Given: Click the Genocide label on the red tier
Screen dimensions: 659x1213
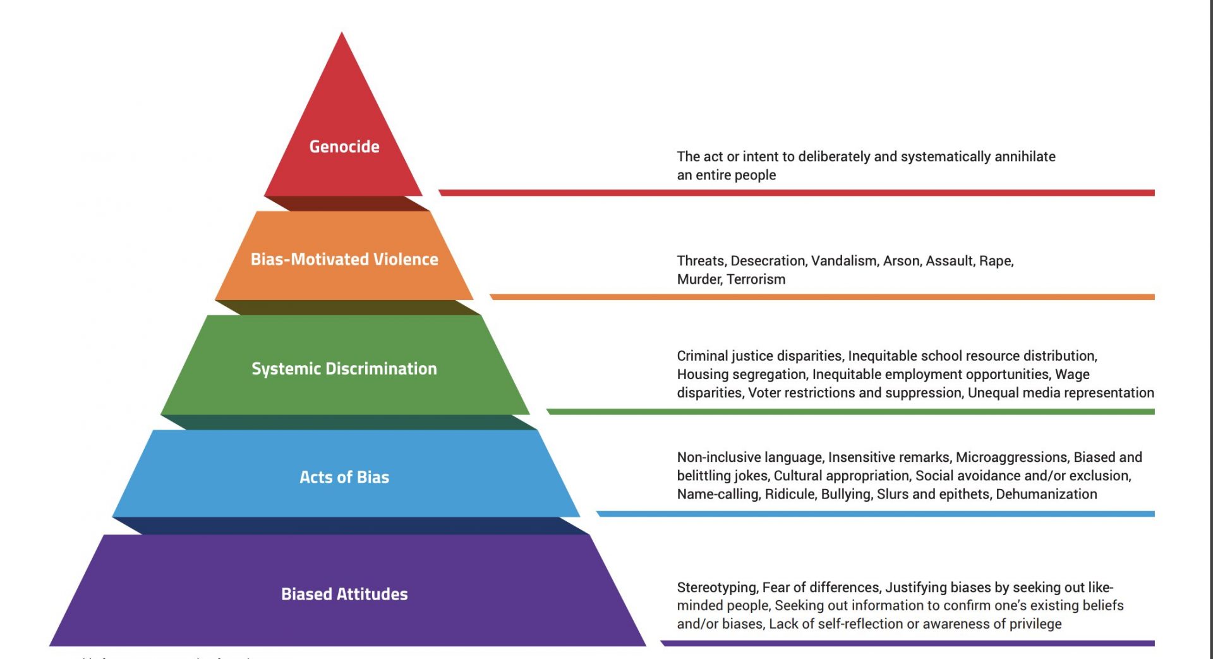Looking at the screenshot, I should tap(344, 147).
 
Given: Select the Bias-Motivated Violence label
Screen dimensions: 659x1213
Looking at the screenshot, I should tap(344, 259).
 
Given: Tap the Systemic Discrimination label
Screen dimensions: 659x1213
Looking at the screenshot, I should tap(344, 368).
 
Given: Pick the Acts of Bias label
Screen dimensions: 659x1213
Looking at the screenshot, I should tap(344, 477).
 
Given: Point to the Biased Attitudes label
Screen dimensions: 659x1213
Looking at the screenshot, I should tap(344, 594).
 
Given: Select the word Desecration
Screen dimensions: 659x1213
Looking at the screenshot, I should tap(768, 261).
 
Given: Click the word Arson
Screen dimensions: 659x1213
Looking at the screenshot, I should tap(901, 261).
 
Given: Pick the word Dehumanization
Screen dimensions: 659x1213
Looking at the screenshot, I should tap(1046, 494).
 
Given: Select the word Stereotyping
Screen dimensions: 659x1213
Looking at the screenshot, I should tap(716, 588).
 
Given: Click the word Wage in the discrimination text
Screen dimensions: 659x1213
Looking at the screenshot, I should tap(1072, 375).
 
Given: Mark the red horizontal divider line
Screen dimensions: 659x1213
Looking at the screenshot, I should tap(796, 193).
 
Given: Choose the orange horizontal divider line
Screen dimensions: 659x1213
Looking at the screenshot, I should tap(821, 297).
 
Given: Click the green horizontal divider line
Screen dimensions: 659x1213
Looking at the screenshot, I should tap(850, 412).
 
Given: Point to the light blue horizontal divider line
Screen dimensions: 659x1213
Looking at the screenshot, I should tap(875, 514).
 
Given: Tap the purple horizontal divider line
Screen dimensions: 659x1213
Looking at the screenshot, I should tap(907, 643).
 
